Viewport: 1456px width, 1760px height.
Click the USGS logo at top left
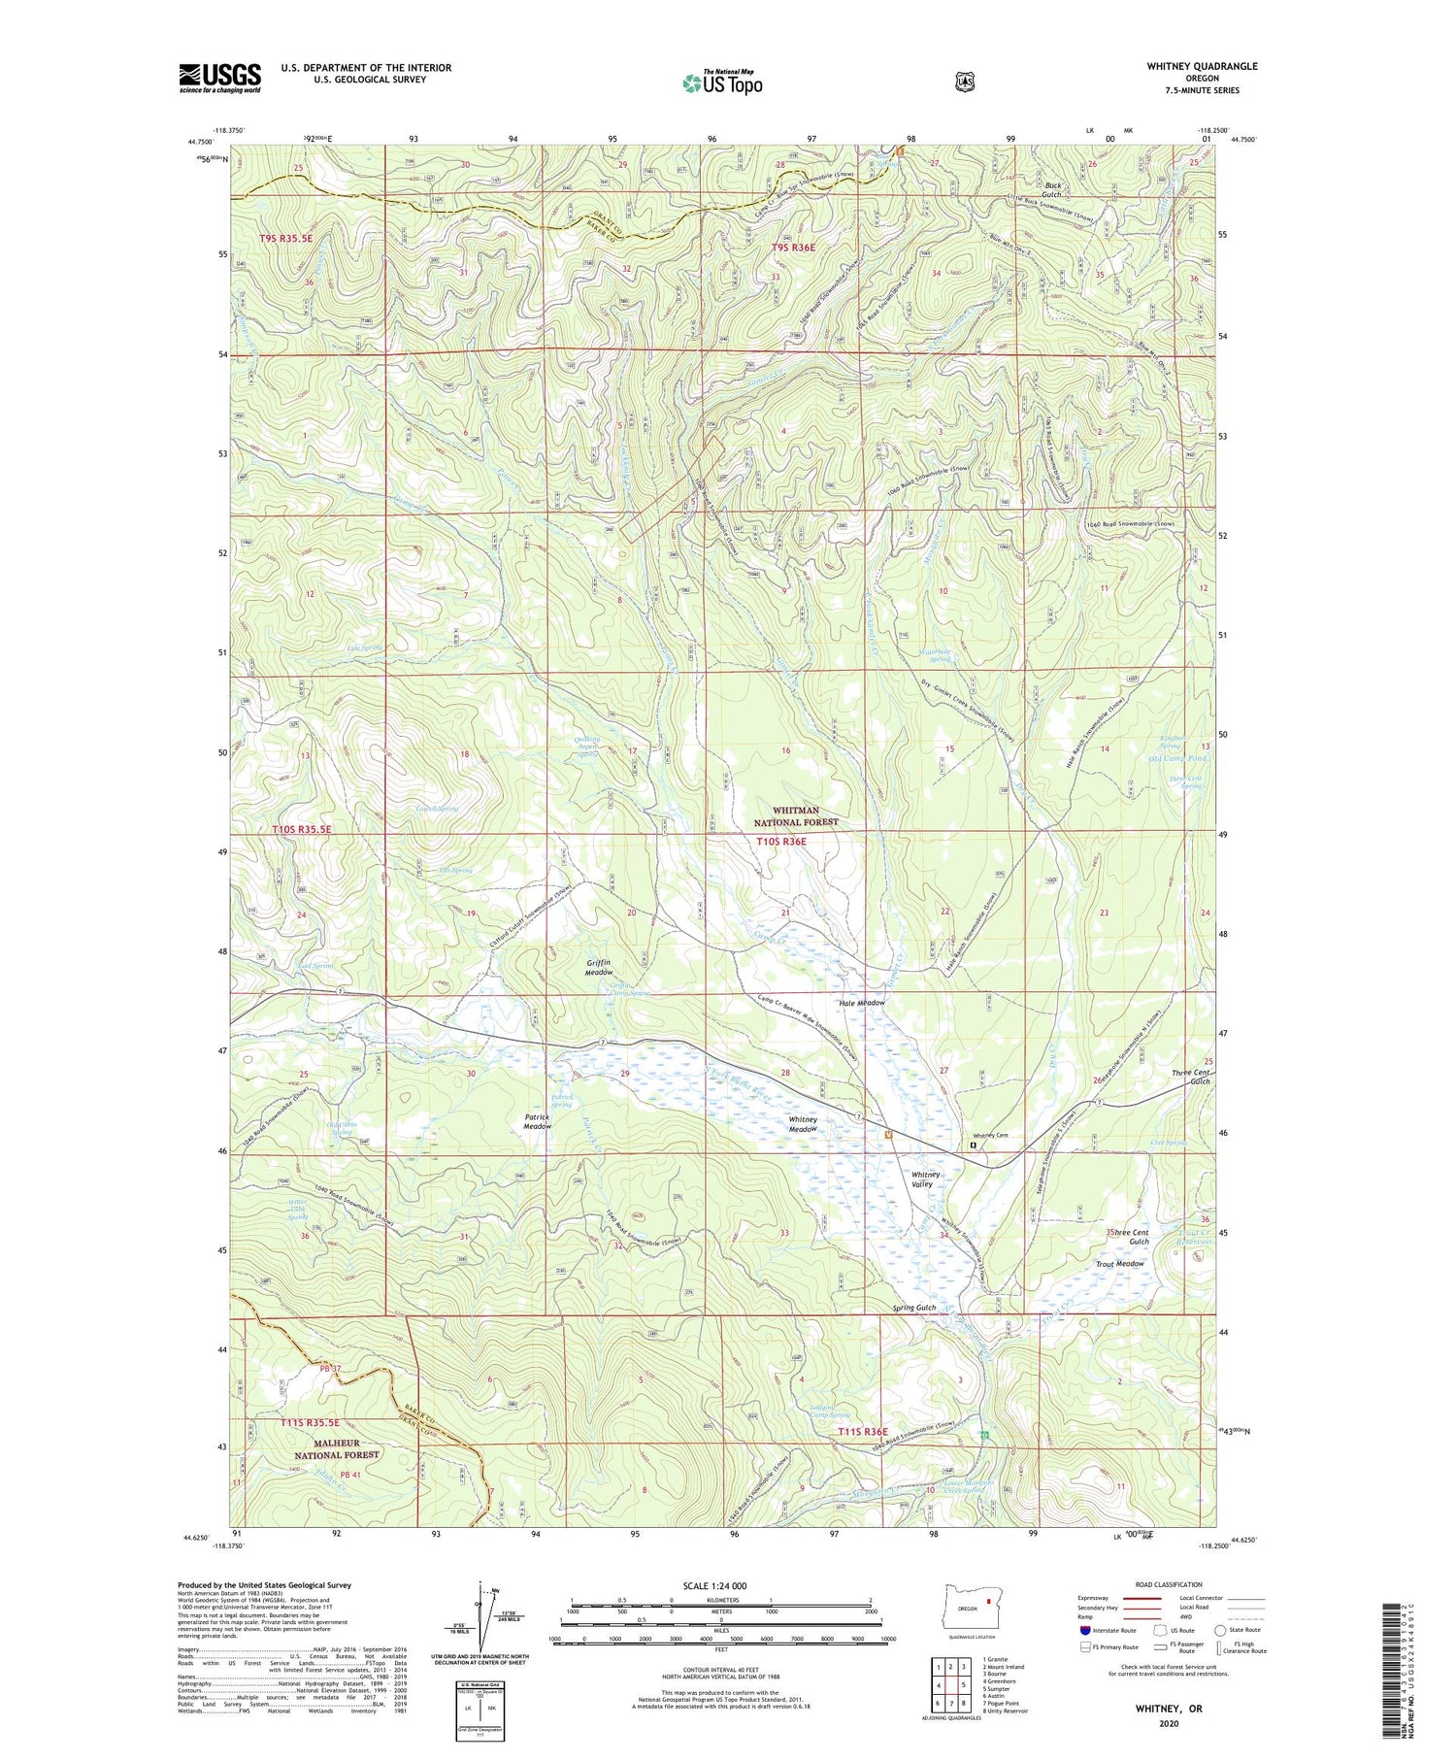coord(219,78)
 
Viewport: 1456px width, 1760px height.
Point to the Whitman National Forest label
coord(796,815)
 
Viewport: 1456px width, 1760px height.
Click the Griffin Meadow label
coord(599,967)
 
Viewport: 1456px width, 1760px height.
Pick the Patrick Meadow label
coord(538,1121)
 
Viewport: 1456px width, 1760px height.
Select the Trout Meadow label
coord(1120,1264)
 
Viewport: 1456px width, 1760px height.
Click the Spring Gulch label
coord(914,1308)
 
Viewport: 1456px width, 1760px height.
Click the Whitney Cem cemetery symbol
coord(974,1146)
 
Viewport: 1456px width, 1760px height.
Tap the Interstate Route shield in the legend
coord(1086,1630)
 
